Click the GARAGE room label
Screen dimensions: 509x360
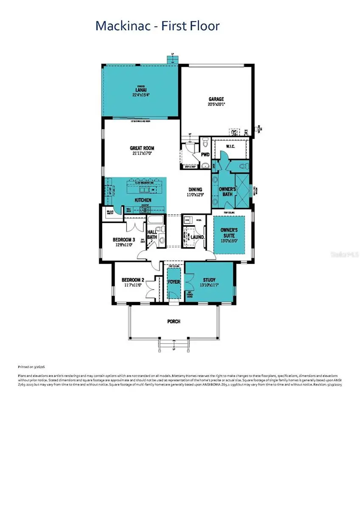(216, 99)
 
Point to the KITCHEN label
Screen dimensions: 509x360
(143, 200)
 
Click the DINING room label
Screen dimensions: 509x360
(195, 190)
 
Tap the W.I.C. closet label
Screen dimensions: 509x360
(231, 146)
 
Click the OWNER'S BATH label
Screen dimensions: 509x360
(228, 191)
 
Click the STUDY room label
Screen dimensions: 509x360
(209, 280)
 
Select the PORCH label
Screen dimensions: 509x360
(174, 322)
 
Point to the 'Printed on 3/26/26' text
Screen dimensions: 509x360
(32, 366)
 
